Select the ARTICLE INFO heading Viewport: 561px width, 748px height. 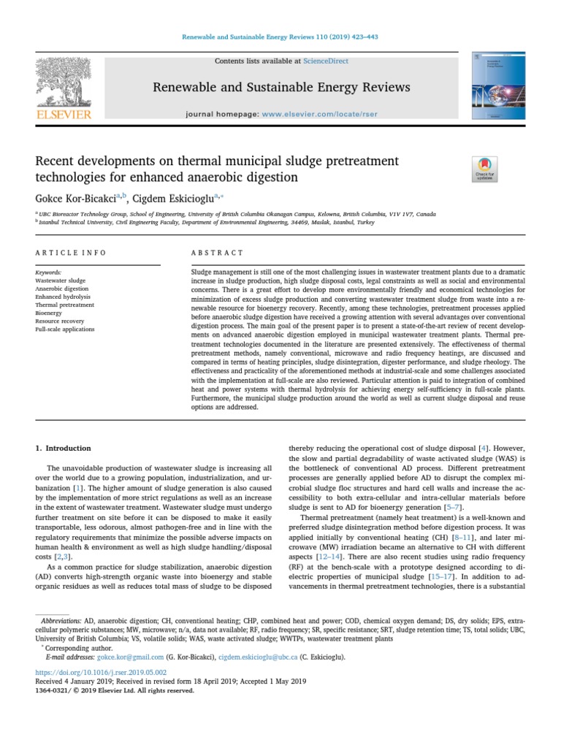(x=71, y=253)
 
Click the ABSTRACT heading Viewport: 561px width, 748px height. (x=217, y=253)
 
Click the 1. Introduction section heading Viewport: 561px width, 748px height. (x=64, y=448)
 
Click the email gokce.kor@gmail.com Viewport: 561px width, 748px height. (x=102, y=657)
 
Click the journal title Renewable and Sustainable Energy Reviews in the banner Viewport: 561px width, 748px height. (x=281, y=88)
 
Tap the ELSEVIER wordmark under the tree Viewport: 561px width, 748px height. (x=64, y=114)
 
